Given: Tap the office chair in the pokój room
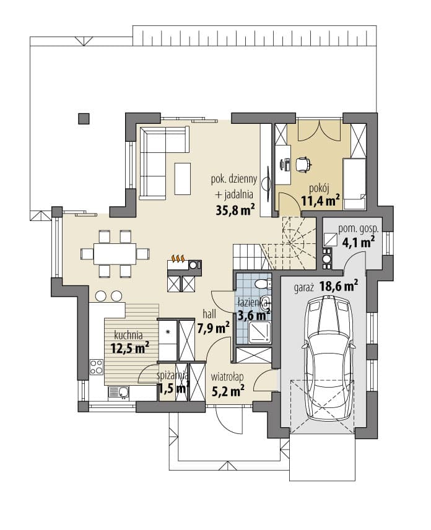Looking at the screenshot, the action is [x=303, y=165].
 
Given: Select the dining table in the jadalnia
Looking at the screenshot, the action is [x=115, y=253].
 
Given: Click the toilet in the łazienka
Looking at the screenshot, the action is [x=263, y=284].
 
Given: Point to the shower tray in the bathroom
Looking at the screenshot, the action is [x=259, y=332].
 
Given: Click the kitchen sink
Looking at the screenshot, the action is [x=118, y=392].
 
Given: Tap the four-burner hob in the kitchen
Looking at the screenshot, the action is [x=97, y=367].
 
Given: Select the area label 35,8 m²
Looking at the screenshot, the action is [x=235, y=210].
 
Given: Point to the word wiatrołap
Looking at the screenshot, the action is [x=227, y=376].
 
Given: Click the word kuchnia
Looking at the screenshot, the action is [x=128, y=336].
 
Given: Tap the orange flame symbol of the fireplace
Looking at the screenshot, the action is [x=178, y=259].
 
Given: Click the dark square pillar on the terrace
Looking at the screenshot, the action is [x=84, y=119].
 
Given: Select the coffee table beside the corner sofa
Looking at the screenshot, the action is [x=183, y=179].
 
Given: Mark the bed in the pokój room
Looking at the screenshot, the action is [x=355, y=185].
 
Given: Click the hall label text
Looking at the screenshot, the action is [x=209, y=315].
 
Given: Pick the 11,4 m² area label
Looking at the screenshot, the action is [x=320, y=201].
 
